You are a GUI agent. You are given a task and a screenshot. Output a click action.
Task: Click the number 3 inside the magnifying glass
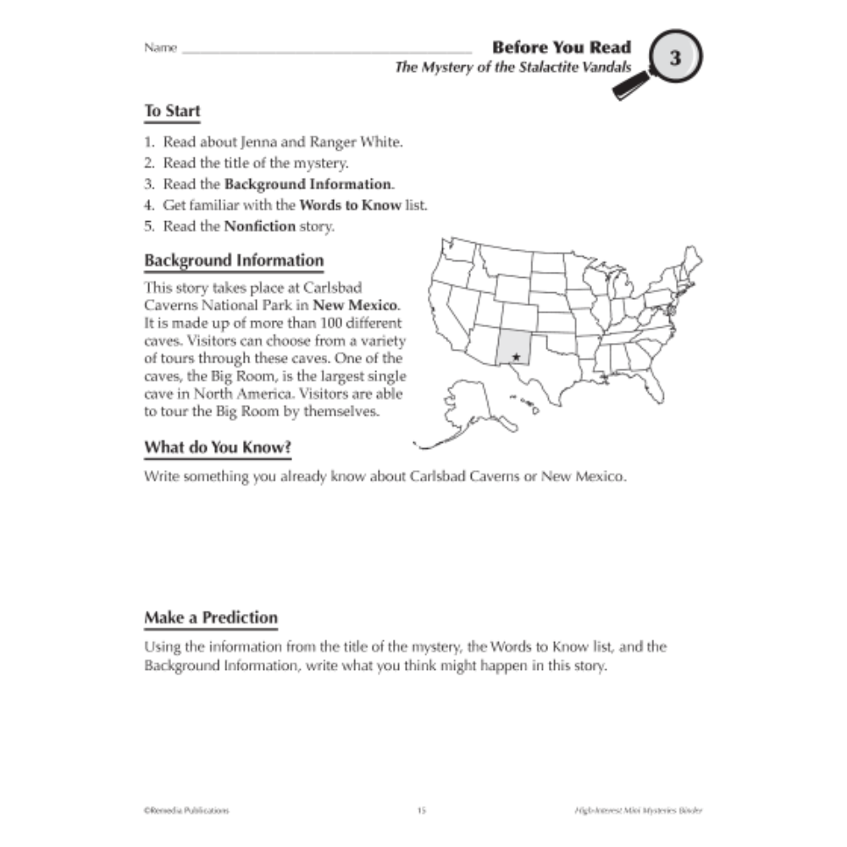tap(675, 58)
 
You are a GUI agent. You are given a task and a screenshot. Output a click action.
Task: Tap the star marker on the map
tap(516, 357)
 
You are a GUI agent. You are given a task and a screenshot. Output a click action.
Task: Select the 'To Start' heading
tap(172, 111)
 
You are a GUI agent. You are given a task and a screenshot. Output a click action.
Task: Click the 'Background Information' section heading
tap(234, 260)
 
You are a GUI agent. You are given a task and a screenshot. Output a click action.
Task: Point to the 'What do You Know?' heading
tap(224, 446)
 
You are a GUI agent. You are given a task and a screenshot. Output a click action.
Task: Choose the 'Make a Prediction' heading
tap(211, 617)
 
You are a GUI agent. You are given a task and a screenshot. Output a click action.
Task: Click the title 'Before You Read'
tap(562, 47)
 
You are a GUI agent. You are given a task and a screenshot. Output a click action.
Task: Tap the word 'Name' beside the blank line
tap(160, 48)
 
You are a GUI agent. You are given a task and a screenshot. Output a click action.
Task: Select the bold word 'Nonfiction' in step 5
tap(260, 226)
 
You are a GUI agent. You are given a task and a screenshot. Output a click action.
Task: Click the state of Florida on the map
tap(658, 390)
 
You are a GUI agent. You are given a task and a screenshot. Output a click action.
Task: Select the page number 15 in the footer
tap(422, 811)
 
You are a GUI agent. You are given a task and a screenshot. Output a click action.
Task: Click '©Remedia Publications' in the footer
tap(186, 811)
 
